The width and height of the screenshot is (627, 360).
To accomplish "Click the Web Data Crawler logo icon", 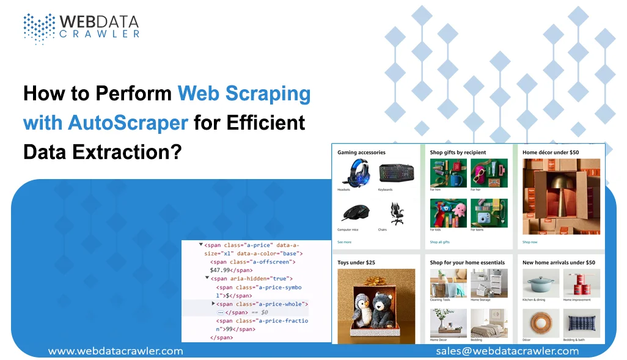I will tap(38, 27).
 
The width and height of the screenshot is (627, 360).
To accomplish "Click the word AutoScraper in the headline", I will tap(128, 122).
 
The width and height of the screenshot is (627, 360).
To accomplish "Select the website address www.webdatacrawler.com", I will tap(116, 351).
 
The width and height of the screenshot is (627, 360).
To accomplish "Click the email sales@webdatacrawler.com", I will tap(507, 351).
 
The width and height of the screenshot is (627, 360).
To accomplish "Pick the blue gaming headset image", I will tap(354, 172).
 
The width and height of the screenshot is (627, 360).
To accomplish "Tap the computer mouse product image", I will tap(354, 212).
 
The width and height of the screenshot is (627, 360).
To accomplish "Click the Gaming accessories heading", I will tap(361, 152).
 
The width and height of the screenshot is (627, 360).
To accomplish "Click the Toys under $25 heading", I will tap(356, 262).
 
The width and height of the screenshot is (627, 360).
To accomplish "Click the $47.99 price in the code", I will tap(222, 270).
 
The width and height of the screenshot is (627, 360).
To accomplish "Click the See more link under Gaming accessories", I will tap(344, 242).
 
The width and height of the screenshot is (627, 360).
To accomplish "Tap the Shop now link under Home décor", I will tap(530, 242).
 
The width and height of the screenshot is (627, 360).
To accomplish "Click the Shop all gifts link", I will tap(439, 242).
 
